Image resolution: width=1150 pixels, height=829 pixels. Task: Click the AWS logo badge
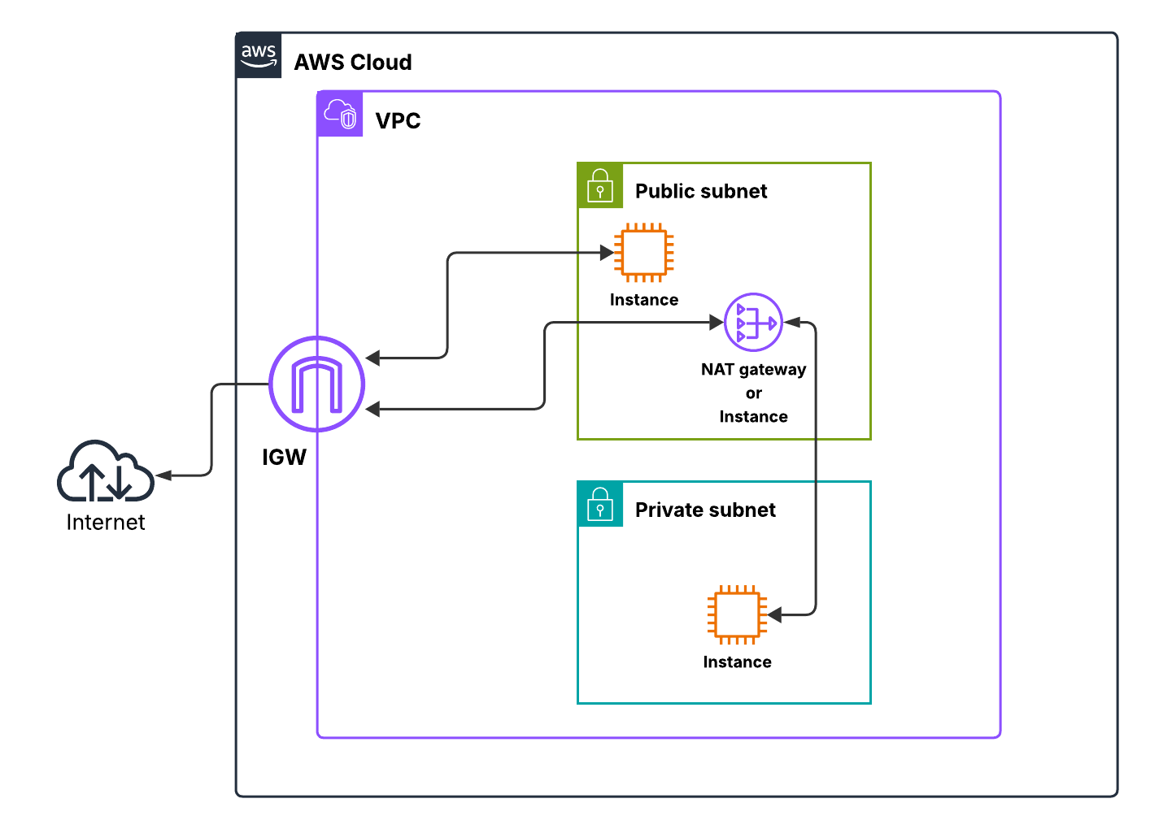tap(259, 56)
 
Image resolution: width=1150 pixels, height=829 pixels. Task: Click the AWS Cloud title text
tap(353, 63)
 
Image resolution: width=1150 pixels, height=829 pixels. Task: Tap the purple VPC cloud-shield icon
tap(340, 114)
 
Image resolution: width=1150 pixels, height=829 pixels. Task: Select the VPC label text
tap(398, 121)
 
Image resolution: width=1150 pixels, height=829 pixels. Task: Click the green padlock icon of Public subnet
tap(600, 185)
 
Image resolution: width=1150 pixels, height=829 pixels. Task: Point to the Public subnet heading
tap(701, 191)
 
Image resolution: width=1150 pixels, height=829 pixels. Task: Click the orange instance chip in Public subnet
tap(644, 253)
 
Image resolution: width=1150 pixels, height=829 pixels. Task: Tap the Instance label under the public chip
tap(644, 300)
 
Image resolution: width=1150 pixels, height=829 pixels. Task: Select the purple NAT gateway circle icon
tap(753, 323)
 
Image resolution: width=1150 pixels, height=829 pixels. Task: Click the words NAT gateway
tap(753, 370)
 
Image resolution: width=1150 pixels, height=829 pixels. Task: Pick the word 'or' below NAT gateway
tap(754, 393)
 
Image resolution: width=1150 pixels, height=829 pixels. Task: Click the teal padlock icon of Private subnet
tap(600, 504)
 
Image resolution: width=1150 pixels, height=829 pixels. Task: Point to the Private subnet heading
tap(705, 510)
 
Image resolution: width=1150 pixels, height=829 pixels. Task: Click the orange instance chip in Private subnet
tap(737, 614)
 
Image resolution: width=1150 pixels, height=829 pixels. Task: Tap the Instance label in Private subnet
tap(737, 662)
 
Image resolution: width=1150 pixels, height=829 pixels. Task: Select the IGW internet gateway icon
tap(316, 384)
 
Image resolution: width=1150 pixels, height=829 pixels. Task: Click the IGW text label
tap(284, 458)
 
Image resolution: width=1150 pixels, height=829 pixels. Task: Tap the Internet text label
tap(106, 523)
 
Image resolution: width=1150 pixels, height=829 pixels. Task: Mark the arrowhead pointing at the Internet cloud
tap(163, 475)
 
